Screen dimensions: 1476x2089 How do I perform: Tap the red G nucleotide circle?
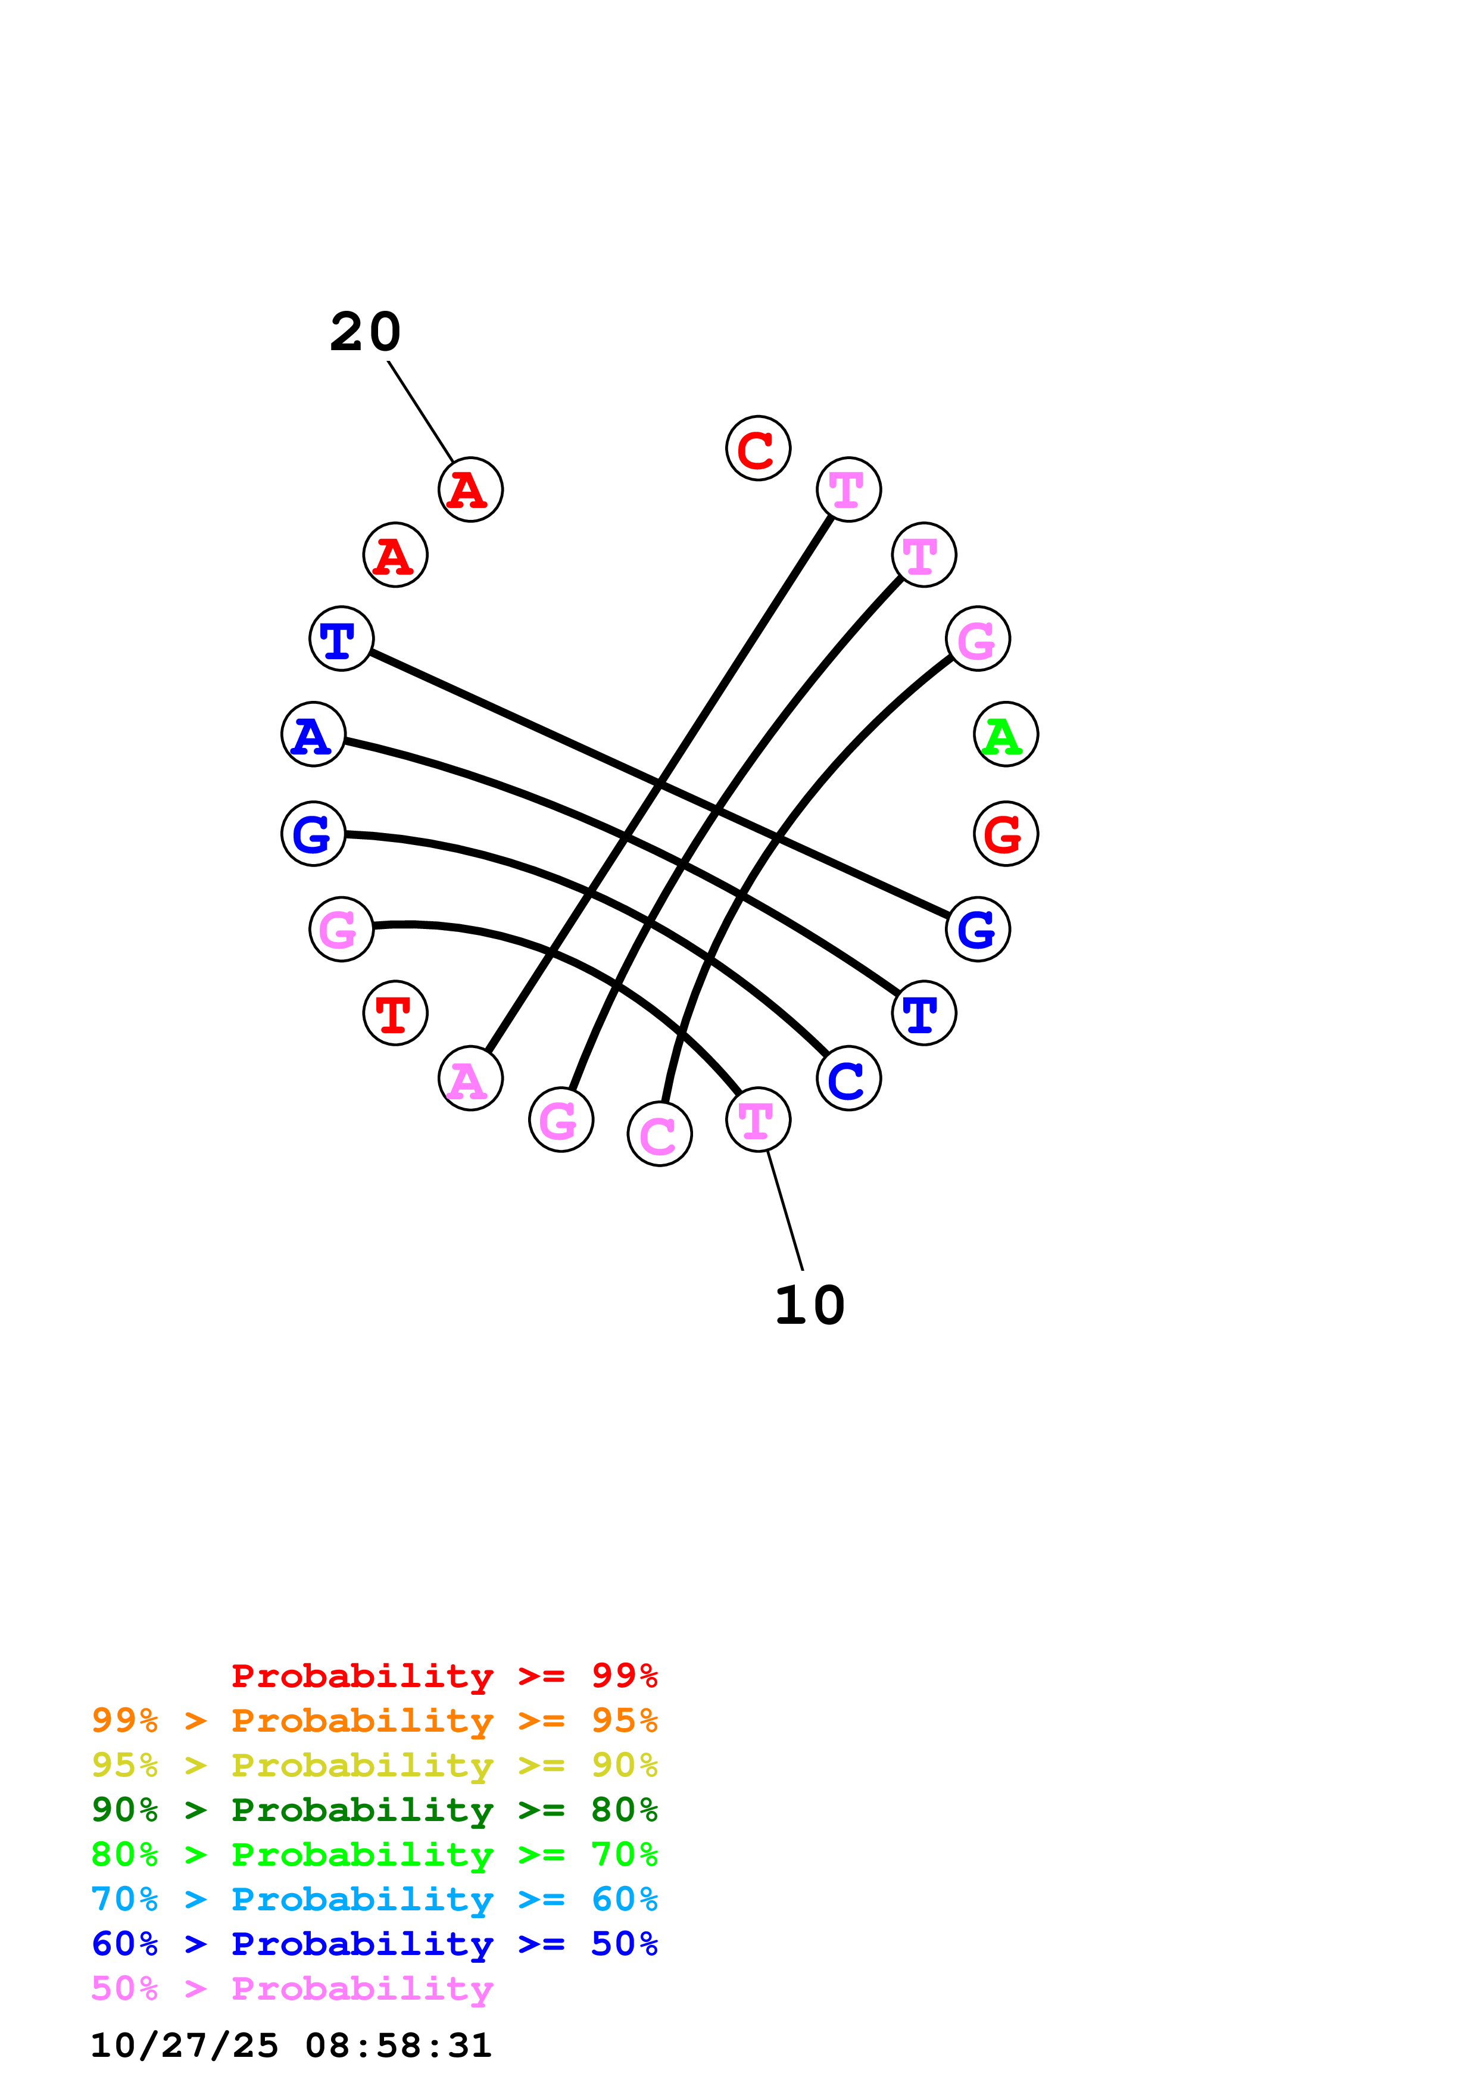tap(1005, 834)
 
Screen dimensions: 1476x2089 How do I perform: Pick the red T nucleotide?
tap(395, 1013)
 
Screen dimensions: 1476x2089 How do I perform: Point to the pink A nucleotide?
tap(470, 1078)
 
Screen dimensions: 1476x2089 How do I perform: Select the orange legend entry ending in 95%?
tap(374, 1720)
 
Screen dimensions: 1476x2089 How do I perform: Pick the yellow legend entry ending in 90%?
tap(374, 1765)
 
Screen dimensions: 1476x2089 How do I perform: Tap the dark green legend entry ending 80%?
tap(374, 1810)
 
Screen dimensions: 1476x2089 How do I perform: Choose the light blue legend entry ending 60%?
tap(374, 1899)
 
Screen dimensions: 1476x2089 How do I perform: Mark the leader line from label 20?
tap(420, 411)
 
